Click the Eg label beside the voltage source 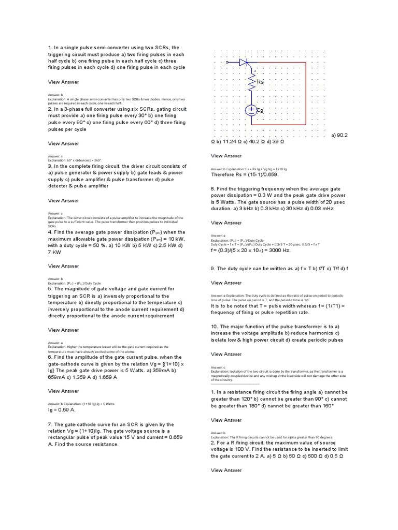pyautogui.click(x=260, y=110)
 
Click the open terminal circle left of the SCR pyautogui.click(x=228, y=62)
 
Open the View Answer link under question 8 pyautogui.click(x=226, y=223)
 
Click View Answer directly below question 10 pyautogui.click(x=226, y=354)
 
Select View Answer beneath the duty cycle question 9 pyautogui.click(x=226, y=283)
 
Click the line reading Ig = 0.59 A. pyautogui.click(x=62, y=410)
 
